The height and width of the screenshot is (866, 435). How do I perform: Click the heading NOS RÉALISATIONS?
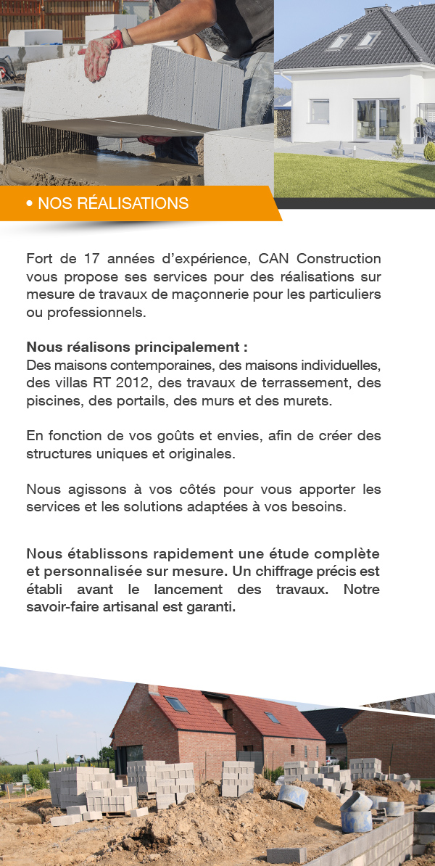coord(113,204)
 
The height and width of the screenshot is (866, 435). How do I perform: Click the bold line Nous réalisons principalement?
coord(137,347)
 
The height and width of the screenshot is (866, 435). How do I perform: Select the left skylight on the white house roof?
coord(338,42)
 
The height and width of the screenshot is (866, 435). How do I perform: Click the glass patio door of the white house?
coord(376,120)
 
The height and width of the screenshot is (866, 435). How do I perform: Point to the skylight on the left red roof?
coord(176,704)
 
